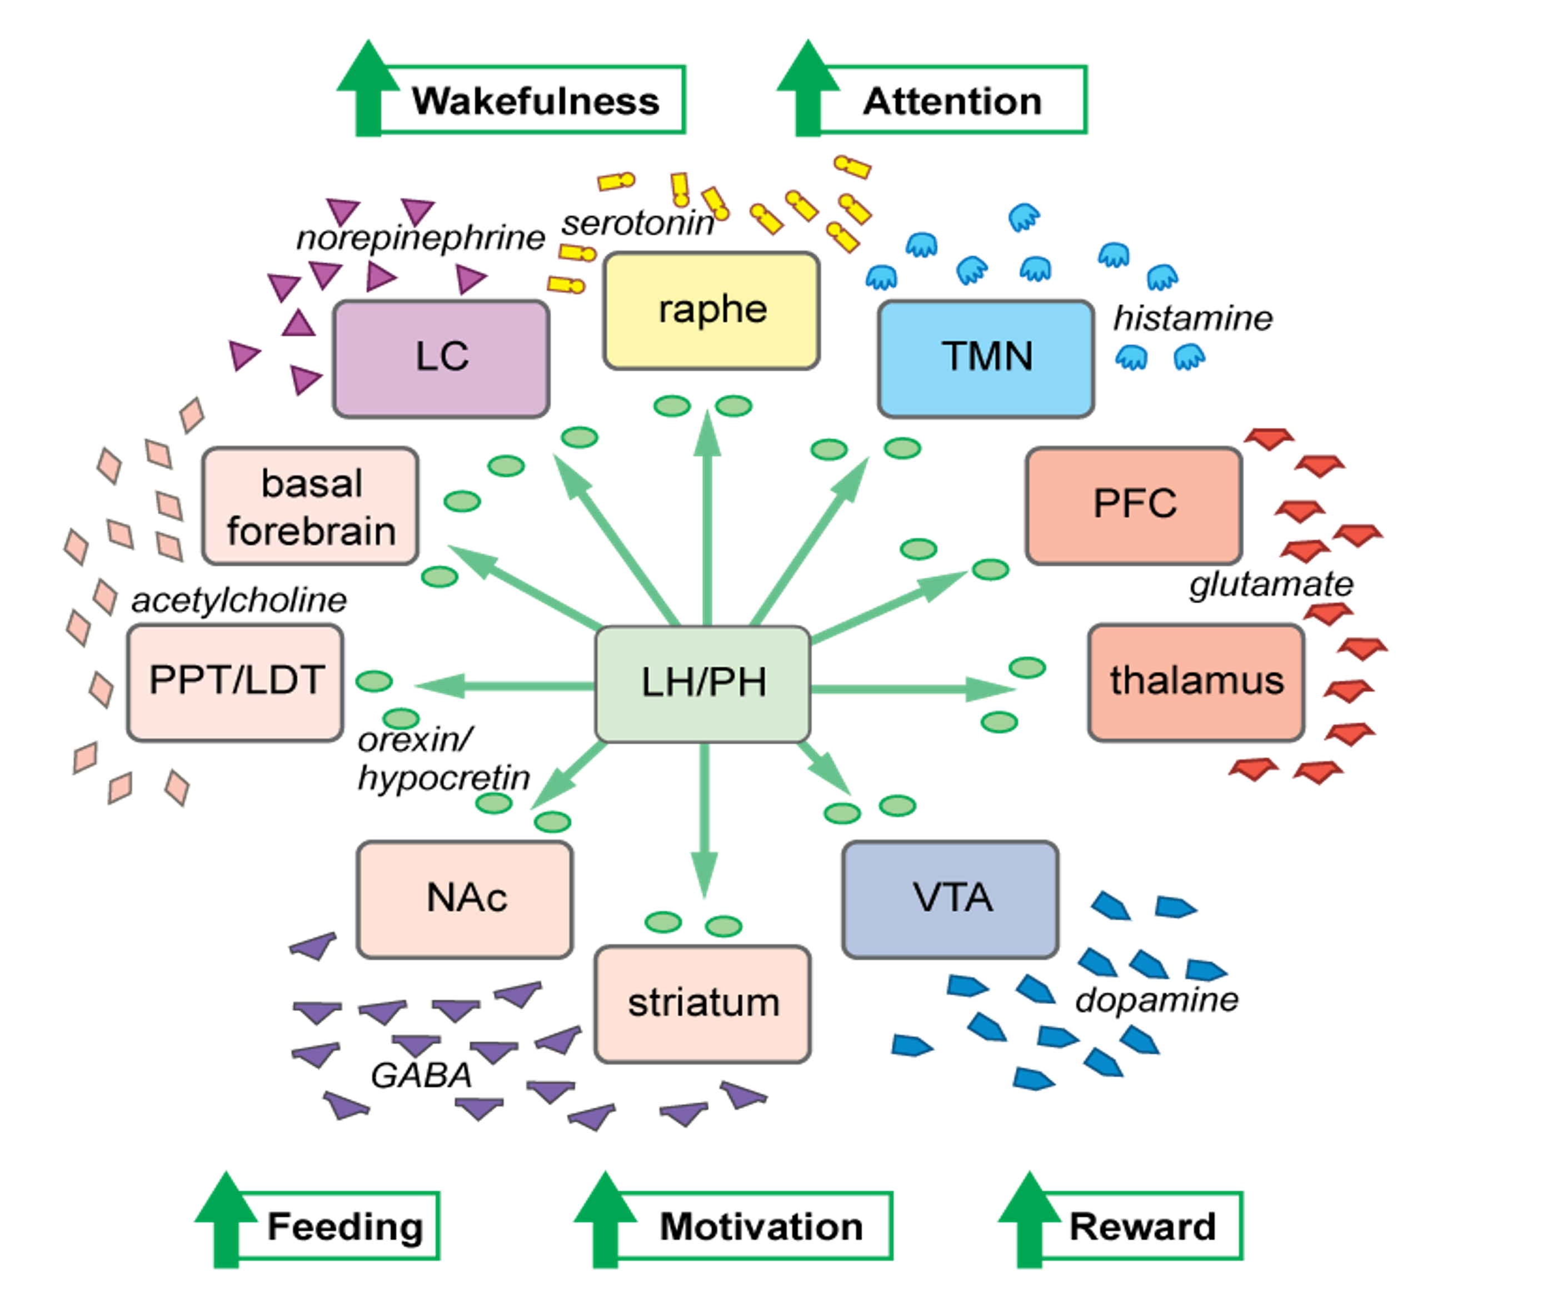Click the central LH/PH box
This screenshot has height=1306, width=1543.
pos(703,683)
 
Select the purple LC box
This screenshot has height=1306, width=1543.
pos(441,358)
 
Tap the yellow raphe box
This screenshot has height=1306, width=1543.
pos(712,310)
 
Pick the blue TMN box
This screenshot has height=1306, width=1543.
pos(986,358)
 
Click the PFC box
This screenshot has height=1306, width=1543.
pos(1133,506)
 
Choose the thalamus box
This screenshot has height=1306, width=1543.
pos(1196,682)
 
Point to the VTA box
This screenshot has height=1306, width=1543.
pos(951,899)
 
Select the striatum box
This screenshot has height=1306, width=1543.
pos(703,1004)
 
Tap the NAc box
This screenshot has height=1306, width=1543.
pos(465,899)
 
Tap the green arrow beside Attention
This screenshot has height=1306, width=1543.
pos(808,87)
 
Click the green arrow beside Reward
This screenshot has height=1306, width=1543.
pos(1029,1219)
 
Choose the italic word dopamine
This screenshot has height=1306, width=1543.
pos(1156,999)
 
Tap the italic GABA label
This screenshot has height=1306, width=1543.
pos(421,1075)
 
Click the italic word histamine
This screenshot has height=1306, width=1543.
pos(1193,318)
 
